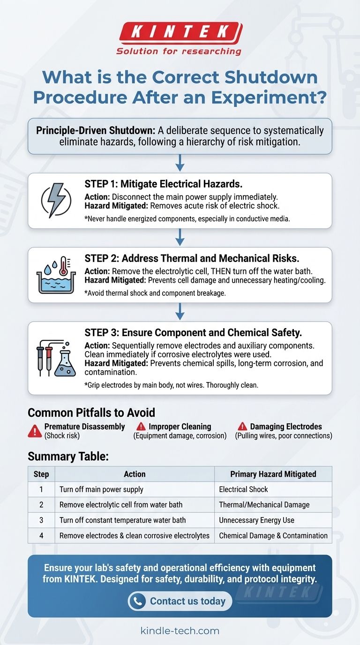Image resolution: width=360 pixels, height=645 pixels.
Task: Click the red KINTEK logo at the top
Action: [x=180, y=32]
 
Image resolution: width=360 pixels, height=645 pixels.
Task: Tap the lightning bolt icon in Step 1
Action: [x=56, y=201]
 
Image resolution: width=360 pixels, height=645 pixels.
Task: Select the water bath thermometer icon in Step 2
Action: [x=56, y=275]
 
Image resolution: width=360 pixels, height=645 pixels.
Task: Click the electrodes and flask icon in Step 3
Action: [x=56, y=358]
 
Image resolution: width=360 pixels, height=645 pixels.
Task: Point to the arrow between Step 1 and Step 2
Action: [x=180, y=238]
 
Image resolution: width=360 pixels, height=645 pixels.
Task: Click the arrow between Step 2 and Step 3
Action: [x=180, y=312]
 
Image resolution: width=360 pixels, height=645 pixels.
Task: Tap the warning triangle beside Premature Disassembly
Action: [x=35, y=430]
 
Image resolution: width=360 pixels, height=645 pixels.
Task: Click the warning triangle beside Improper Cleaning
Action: [x=141, y=427]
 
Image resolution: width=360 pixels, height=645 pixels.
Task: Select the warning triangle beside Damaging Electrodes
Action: [x=242, y=427]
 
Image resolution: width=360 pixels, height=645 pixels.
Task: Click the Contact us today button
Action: [x=180, y=601]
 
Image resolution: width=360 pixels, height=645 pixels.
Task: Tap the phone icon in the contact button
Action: [x=137, y=601]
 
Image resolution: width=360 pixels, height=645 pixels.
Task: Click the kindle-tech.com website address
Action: [x=180, y=630]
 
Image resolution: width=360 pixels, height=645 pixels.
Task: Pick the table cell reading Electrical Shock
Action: [x=243, y=489]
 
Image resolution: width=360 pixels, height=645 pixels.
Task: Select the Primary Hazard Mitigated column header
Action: [x=273, y=474]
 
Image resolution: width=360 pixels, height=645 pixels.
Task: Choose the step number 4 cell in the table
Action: [x=41, y=535]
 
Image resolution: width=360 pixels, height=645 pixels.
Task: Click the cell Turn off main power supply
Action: [x=101, y=489]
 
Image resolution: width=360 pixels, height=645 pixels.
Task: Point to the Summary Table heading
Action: [x=68, y=456]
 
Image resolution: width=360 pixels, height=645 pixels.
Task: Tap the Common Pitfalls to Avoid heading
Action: [x=91, y=412]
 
